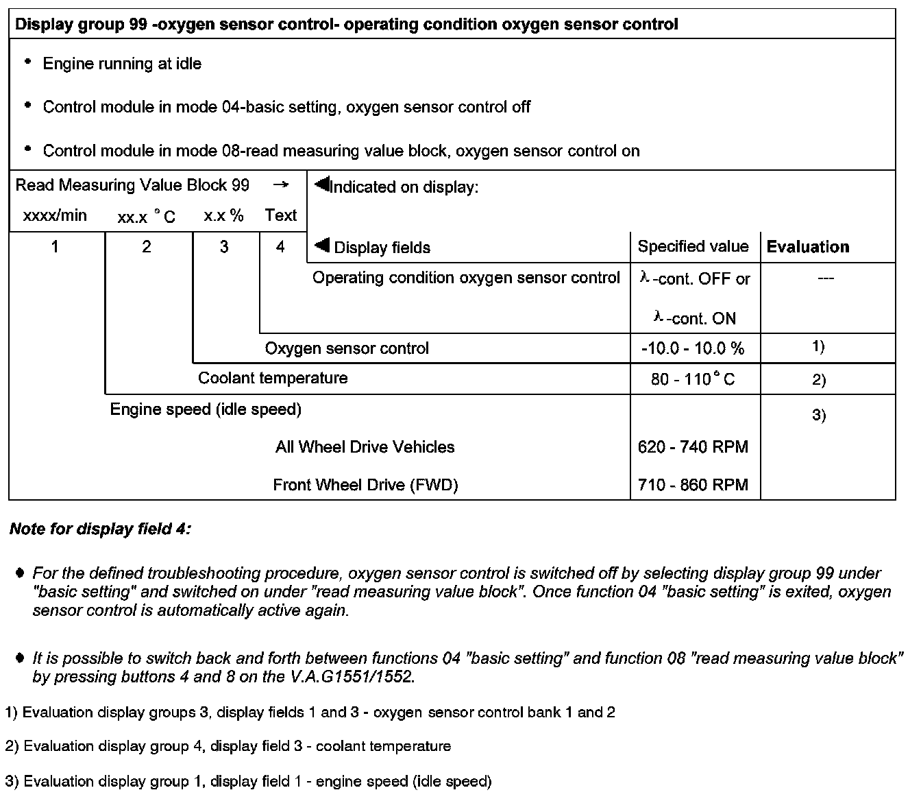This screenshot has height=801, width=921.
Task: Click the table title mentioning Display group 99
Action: [346, 25]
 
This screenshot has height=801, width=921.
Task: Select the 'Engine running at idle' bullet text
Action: [122, 64]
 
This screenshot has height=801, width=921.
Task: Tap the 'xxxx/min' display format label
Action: [55, 215]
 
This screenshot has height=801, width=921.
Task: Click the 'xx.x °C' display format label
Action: [146, 217]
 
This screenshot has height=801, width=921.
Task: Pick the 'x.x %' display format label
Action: [223, 215]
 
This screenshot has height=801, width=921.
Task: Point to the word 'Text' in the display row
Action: [281, 215]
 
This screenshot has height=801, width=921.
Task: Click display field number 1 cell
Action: [55, 247]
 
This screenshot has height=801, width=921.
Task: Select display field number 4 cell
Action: [280, 247]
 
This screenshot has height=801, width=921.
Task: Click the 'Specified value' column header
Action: [693, 247]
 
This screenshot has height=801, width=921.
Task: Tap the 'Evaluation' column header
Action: [808, 247]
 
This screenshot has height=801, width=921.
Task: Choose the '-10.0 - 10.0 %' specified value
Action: [693, 348]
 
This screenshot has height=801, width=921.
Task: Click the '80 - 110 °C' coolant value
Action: [693, 379]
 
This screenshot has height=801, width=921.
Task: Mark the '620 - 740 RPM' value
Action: [693, 447]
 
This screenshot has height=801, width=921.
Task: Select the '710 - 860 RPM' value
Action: [693, 485]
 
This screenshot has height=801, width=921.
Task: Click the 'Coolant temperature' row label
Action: [273, 378]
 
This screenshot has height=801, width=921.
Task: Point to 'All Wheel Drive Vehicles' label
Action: [365, 447]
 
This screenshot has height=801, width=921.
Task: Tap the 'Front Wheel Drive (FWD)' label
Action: [365, 485]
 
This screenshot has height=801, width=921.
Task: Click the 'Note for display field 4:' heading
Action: [100, 529]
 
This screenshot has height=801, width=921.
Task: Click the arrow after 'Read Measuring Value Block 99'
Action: [280, 185]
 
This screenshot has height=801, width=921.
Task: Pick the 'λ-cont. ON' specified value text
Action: [695, 318]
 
